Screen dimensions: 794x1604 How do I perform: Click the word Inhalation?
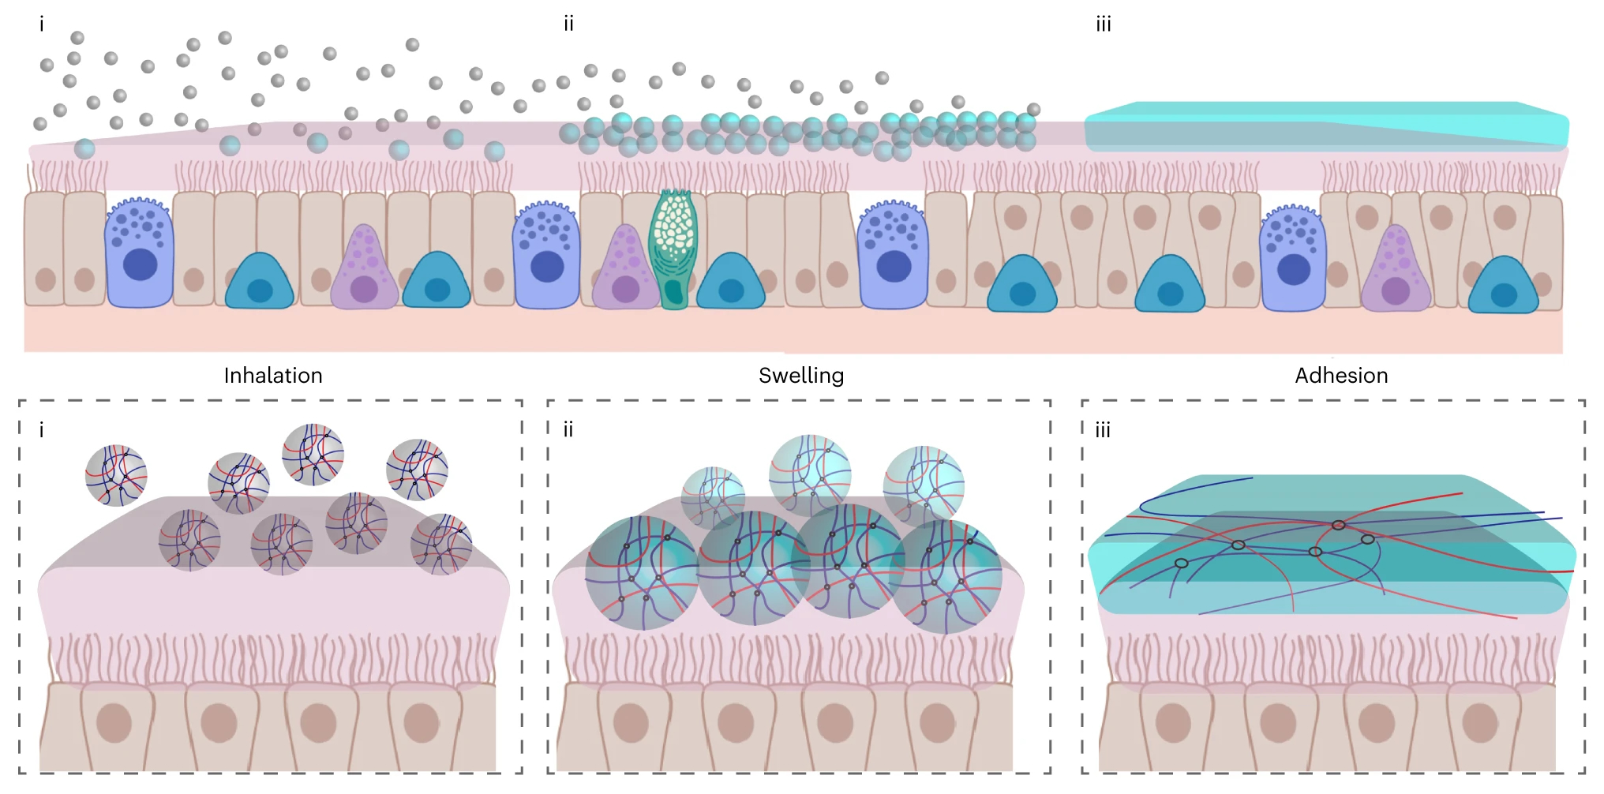point(273,376)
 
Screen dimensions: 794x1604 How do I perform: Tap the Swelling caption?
point(801,376)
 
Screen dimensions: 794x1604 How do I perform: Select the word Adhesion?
point(1341,376)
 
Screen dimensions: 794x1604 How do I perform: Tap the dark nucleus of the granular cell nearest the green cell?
point(547,267)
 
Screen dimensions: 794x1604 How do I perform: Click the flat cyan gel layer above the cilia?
point(1326,126)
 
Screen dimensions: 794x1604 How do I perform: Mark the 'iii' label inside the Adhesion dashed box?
point(1103,431)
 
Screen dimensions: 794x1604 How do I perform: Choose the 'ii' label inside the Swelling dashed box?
point(568,431)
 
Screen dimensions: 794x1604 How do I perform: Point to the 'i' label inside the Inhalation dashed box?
point(42,431)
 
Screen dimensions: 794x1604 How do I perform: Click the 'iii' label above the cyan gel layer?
point(1103,25)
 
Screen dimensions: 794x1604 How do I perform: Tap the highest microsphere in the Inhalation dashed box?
point(313,454)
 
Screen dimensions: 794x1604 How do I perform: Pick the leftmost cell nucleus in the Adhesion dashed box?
point(1173,722)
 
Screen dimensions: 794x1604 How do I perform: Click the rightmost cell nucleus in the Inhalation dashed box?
point(421,722)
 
